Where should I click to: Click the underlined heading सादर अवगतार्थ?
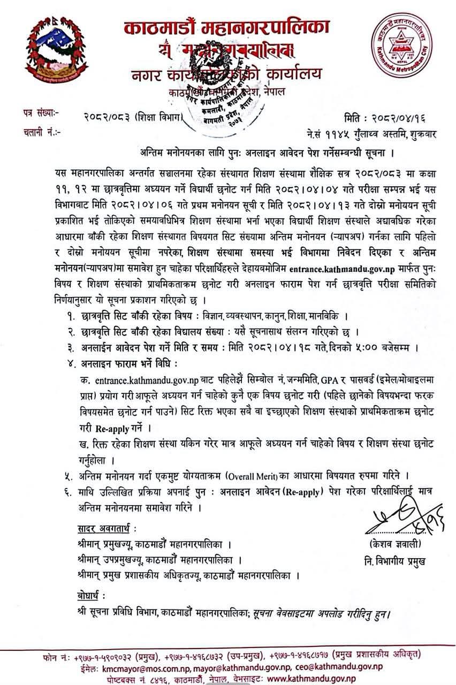click(x=105, y=530)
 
